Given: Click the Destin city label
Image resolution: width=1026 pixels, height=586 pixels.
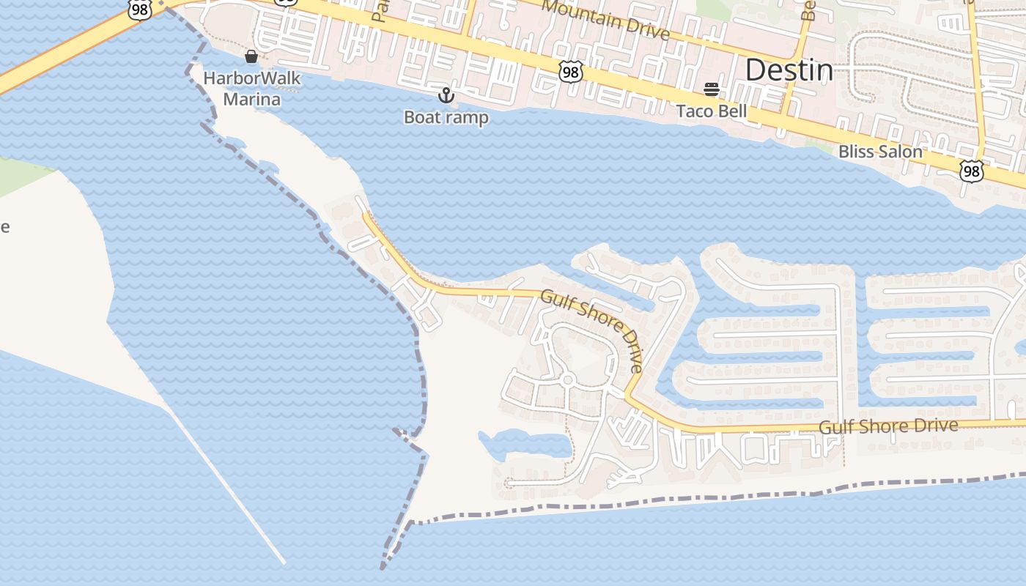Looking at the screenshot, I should [x=789, y=70].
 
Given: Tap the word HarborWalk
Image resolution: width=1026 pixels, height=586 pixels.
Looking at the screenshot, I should [x=251, y=78].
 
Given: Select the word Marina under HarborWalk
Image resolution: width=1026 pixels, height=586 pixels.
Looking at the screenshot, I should [x=251, y=99].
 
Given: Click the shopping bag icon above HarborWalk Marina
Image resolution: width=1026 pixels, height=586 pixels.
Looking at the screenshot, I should [x=251, y=56].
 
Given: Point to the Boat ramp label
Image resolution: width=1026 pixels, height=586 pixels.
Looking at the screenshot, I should [x=446, y=117].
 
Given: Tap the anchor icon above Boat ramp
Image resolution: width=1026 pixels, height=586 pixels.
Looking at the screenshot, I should [x=446, y=95].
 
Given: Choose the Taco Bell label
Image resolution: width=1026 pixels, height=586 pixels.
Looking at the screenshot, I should [x=711, y=111].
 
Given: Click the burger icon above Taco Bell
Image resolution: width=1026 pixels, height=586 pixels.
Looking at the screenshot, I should [x=711, y=89].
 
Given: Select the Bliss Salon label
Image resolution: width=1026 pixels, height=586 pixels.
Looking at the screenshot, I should [x=879, y=152].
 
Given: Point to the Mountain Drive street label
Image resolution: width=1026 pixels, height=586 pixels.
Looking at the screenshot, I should [x=606, y=20].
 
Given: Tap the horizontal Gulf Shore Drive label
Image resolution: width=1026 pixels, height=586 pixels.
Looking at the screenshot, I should [x=887, y=426].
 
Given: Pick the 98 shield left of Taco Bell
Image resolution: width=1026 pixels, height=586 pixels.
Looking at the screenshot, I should [x=570, y=71].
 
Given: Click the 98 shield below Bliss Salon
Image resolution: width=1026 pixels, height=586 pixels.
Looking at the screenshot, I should [x=971, y=171].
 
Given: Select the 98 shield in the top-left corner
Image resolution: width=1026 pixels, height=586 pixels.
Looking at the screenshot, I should [x=139, y=10].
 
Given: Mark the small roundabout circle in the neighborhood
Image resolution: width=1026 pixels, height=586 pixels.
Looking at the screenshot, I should [x=566, y=380].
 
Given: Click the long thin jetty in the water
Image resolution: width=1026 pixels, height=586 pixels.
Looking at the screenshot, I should [x=227, y=487].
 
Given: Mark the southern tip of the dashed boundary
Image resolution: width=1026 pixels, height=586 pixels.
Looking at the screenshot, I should [x=383, y=567].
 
